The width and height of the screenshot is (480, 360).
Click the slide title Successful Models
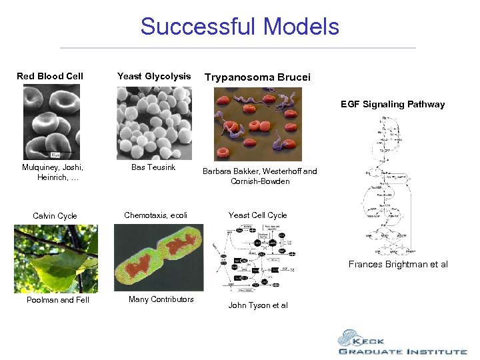pyautogui.click(x=239, y=27)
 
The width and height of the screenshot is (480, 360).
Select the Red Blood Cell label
pyautogui.click(x=50, y=76)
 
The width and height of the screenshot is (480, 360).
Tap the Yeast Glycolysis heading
pyautogui.click(x=154, y=76)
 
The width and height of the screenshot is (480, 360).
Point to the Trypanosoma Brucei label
pyautogui.click(x=257, y=77)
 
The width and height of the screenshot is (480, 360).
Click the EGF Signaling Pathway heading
pyautogui.click(x=393, y=104)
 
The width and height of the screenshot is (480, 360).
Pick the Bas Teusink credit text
pyautogui.click(x=153, y=167)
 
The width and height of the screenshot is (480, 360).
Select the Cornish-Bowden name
pyautogui.click(x=260, y=181)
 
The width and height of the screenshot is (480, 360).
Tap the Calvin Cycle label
pyautogui.click(x=55, y=216)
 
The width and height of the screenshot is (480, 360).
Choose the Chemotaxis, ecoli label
pyautogui.click(x=155, y=215)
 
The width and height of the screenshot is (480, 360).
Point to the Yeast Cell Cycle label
pyautogui.click(x=257, y=215)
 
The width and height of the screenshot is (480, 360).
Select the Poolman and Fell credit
pyautogui.click(x=57, y=300)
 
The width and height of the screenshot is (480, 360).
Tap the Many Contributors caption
pyautogui.click(x=161, y=299)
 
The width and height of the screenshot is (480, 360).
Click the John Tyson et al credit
pyautogui.click(x=258, y=305)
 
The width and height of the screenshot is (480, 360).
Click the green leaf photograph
pyautogui.click(x=56, y=259)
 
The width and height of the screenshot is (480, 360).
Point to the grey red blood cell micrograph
pyautogui.click(x=51, y=122)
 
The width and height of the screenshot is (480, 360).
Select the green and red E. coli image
pyautogui.click(x=159, y=259)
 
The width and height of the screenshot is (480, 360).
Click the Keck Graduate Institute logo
pyautogui.click(x=401, y=343)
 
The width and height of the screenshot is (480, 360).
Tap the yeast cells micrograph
pyautogui.click(x=154, y=123)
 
